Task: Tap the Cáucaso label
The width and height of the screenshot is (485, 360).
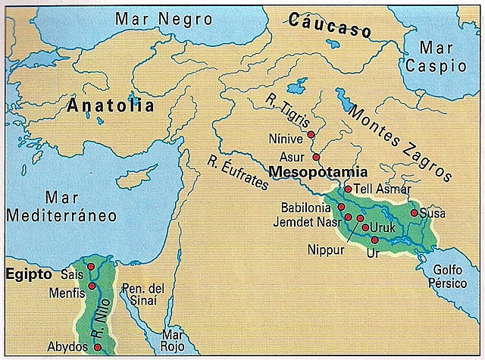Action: pos(330,26)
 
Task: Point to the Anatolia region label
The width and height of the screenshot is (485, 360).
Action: pos(110,105)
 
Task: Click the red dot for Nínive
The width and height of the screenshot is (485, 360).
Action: pos(311,133)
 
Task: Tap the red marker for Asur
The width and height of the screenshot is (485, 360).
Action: pos(316,157)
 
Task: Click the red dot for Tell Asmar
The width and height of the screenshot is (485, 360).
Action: pos(347,189)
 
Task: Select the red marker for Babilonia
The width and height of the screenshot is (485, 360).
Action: pos(341,206)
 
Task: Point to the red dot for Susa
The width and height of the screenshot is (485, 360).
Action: pos(414,213)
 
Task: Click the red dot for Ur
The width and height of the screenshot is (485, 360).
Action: pos(374,239)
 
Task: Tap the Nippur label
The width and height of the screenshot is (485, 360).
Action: pos(326,248)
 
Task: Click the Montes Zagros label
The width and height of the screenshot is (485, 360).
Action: pos(398,140)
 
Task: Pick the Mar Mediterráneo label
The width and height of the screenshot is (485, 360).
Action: pos(61,205)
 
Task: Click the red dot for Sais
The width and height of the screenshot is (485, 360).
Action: pos(91,267)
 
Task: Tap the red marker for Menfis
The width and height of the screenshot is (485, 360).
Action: pos(92,286)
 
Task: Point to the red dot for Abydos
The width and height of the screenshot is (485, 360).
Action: pos(97,347)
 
